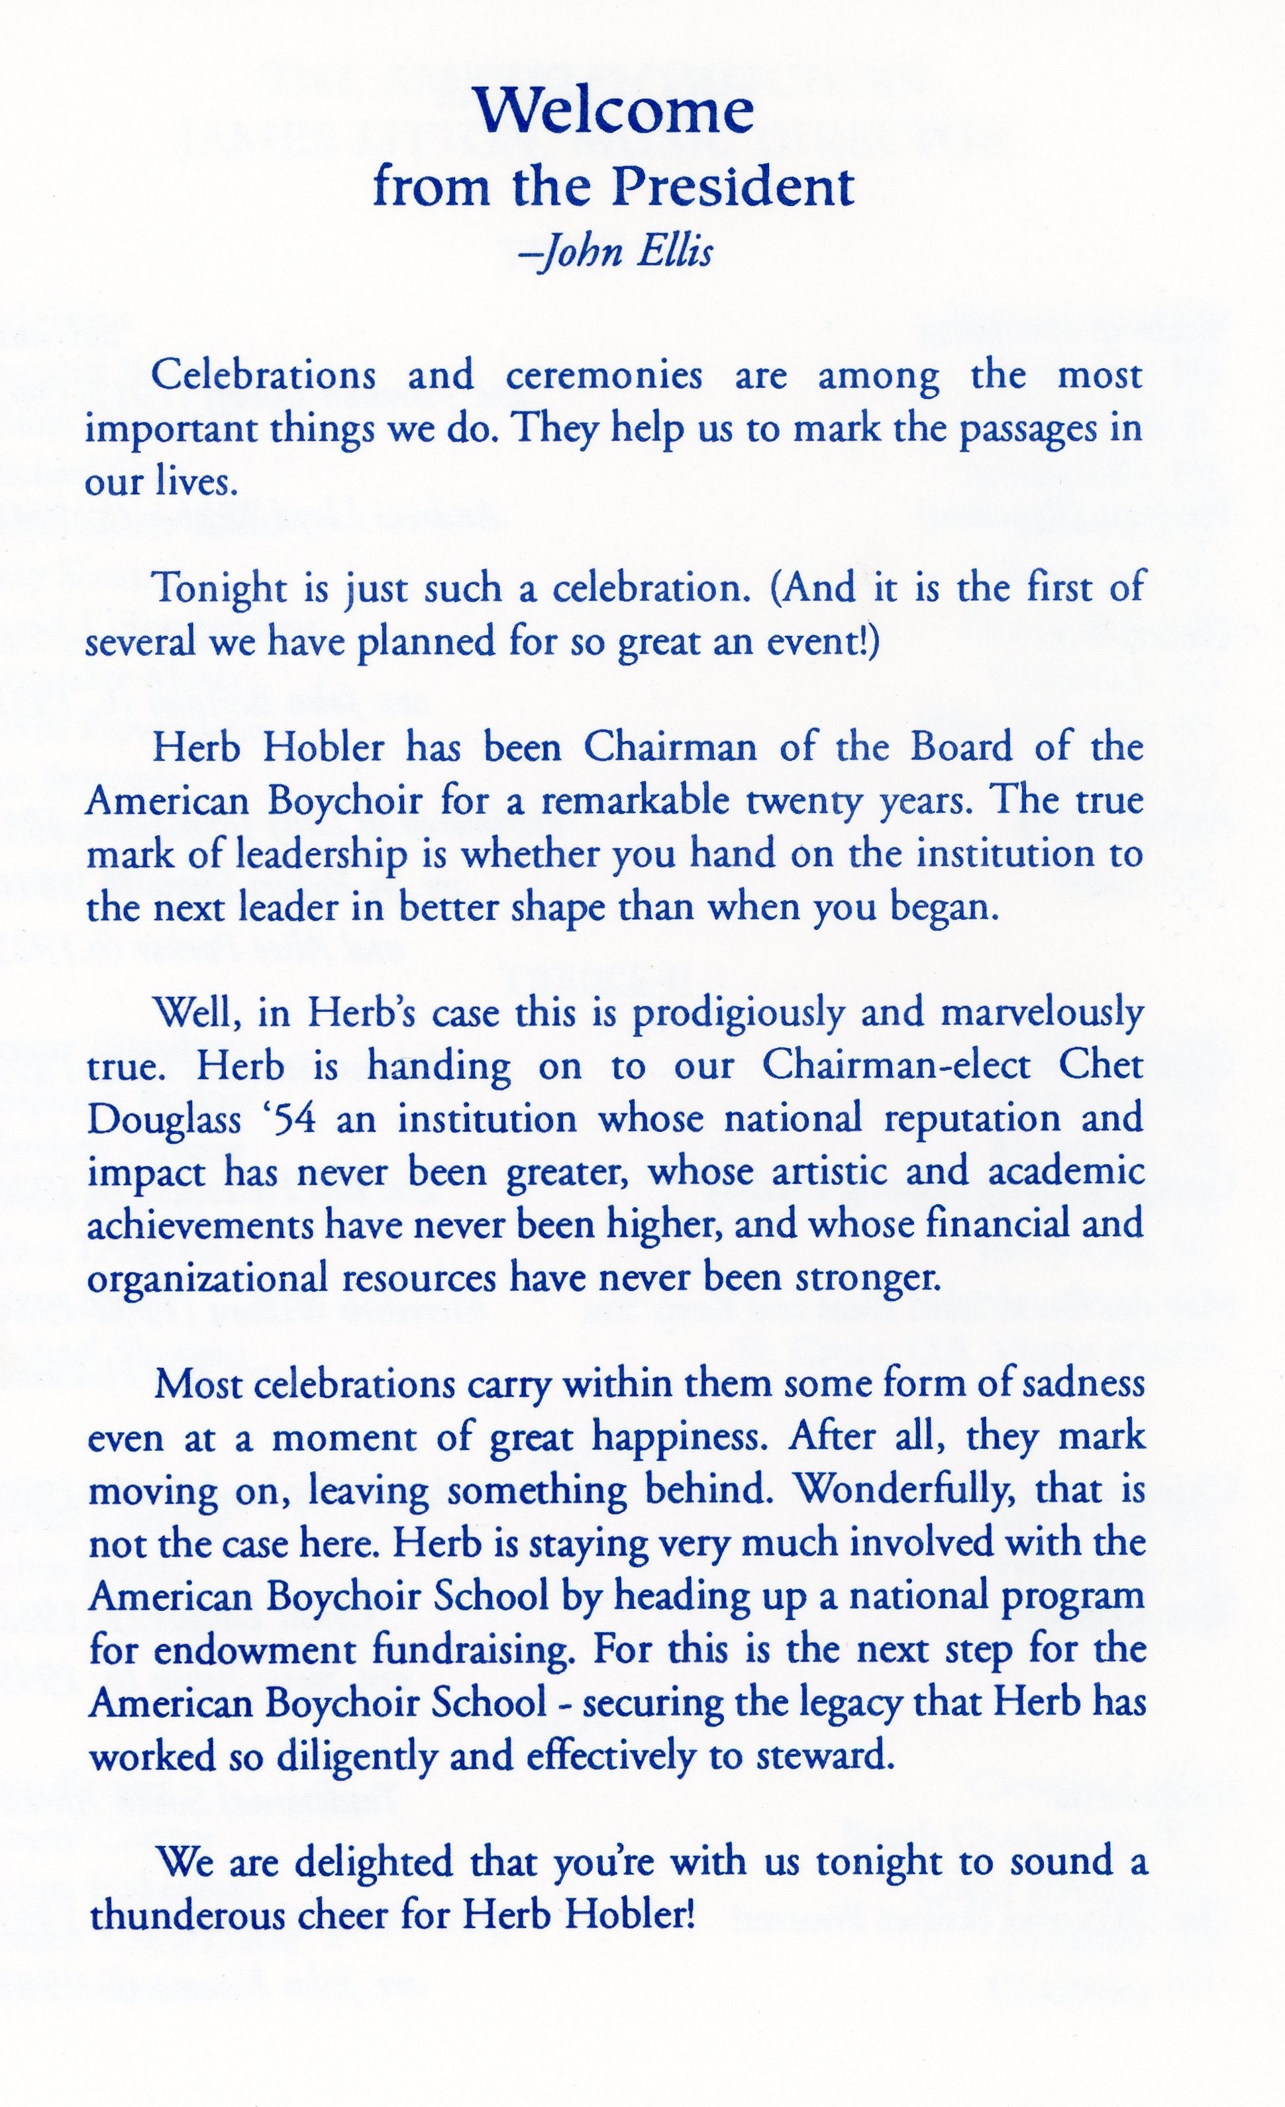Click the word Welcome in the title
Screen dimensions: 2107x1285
click(614, 111)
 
